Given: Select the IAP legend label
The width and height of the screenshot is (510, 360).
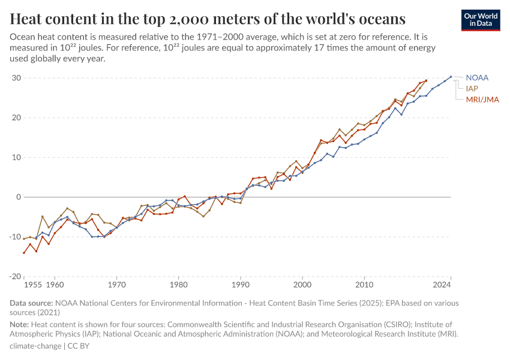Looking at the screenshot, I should (472, 88).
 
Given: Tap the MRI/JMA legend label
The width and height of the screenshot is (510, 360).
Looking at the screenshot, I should (482, 99).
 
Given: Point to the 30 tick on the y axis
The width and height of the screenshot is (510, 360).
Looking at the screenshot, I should (17, 78).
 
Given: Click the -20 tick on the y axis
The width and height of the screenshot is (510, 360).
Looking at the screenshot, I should (14, 277).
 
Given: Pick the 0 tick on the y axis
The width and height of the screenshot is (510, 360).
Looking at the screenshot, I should (19, 197).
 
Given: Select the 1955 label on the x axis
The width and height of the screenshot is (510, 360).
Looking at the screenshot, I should (33, 284).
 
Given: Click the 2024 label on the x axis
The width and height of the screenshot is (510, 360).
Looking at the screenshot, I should (442, 284).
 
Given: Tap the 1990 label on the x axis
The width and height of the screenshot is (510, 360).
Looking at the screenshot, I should (241, 284).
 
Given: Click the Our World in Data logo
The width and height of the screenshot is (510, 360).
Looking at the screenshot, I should (481, 20).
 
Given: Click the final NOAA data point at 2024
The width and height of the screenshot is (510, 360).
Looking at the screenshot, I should (451, 77).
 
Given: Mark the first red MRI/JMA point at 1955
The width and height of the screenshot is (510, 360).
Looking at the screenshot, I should (24, 253).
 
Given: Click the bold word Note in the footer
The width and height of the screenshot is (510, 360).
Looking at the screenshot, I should (20, 324).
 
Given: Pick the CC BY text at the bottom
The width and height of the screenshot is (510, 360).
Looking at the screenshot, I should (80, 346).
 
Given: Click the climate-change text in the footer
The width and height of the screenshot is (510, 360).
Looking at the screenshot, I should (35, 346).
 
